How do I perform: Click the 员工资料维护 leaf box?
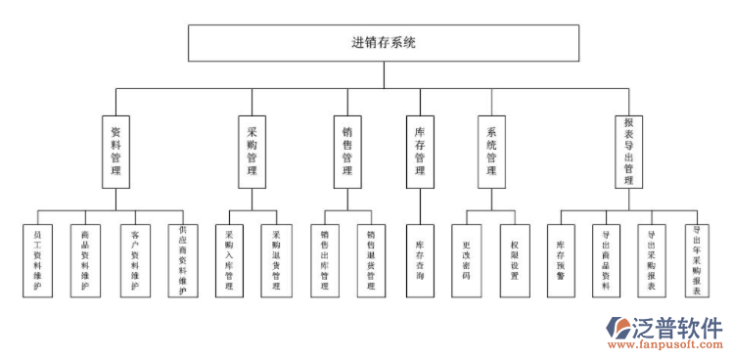[x=37, y=260]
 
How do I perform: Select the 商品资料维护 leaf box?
[x=85, y=260]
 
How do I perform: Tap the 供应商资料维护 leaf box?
[x=182, y=260]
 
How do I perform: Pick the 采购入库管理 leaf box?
[x=229, y=260]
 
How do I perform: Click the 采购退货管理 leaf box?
[x=276, y=260]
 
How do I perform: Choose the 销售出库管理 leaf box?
[x=324, y=260]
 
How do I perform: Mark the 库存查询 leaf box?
[x=420, y=260]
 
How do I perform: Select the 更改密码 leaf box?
[x=467, y=260]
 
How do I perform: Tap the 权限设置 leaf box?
[x=515, y=260]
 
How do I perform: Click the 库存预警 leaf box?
[x=561, y=260]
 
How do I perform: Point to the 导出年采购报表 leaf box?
[x=697, y=262]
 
